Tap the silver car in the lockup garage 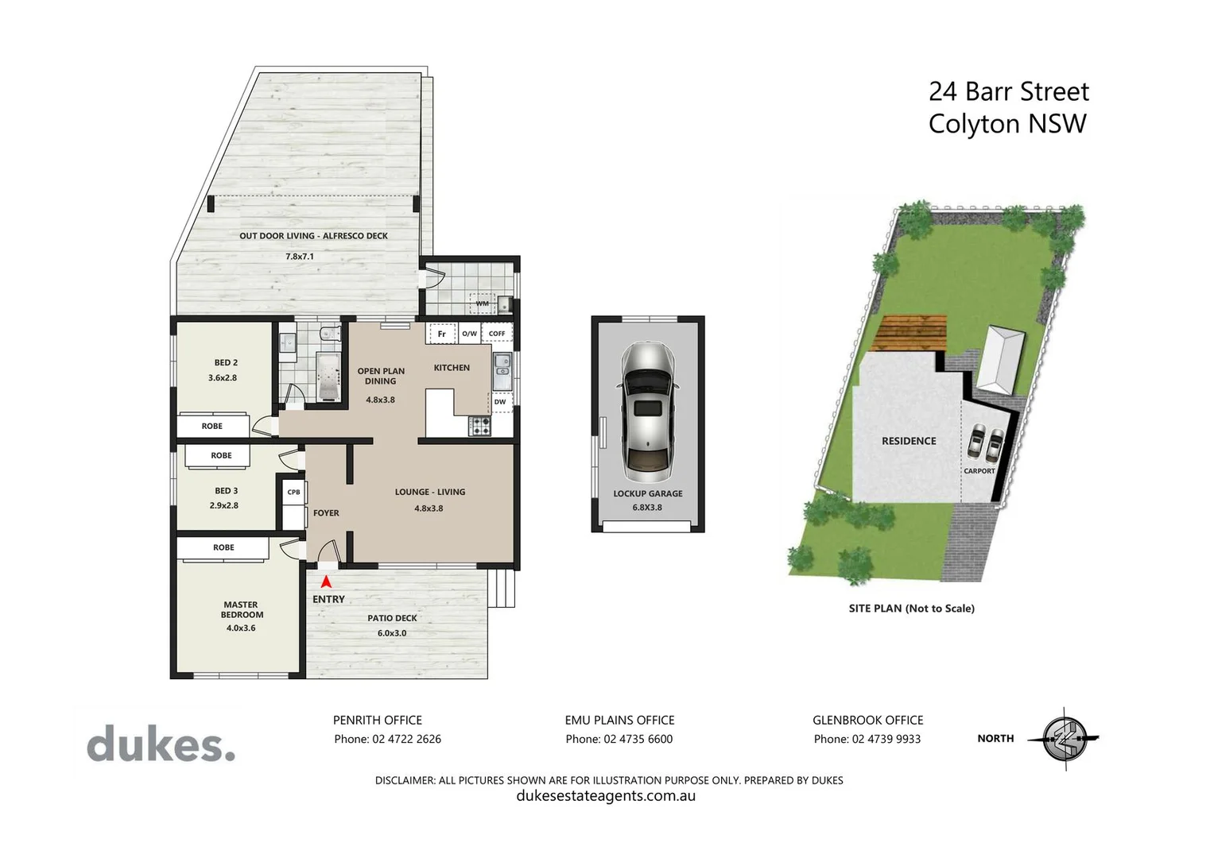point(648,412)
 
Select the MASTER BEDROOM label point(242,609)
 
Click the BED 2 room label point(226,362)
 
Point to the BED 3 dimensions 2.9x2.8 point(223,505)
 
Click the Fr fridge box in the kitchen point(442,334)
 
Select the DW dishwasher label point(500,402)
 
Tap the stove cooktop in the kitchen point(479,426)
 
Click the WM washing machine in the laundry point(483,303)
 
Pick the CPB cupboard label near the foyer point(293,492)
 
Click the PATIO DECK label point(392,618)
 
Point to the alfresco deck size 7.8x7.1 point(300,257)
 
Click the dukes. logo point(161,745)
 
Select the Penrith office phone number point(387,739)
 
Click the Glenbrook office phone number point(867,739)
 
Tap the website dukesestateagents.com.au point(606,796)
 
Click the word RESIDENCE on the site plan point(909,441)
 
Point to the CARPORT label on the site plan point(979,471)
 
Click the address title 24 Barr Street point(1008,92)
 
